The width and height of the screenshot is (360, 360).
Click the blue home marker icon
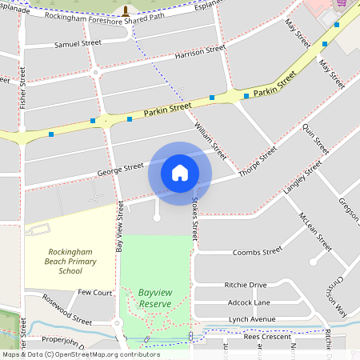pyautogui.click(x=180, y=172)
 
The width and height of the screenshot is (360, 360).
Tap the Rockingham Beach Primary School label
pyautogui.click(x=71, y=262)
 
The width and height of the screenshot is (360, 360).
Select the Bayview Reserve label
pyautogui.click(x=155, y=298)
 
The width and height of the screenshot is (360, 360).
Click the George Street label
pyautogui.click(x=120, y=168)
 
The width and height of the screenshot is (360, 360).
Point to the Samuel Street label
pyautogui.click(x=78, y=43)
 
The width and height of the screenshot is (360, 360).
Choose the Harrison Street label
pyautogui.click(x=200, y=54)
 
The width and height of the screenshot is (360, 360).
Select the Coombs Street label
pyautogui.click(x=257, y=251)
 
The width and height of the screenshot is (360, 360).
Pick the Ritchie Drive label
pyautogui.click(x=246, y=285)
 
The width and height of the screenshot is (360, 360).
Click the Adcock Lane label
pyautogui.click(x=249, y=302)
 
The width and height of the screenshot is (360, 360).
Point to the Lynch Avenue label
pyautogui.click(x=251, y=319)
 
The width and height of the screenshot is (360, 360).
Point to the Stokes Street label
pyautogui.click(x=194, y=222)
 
